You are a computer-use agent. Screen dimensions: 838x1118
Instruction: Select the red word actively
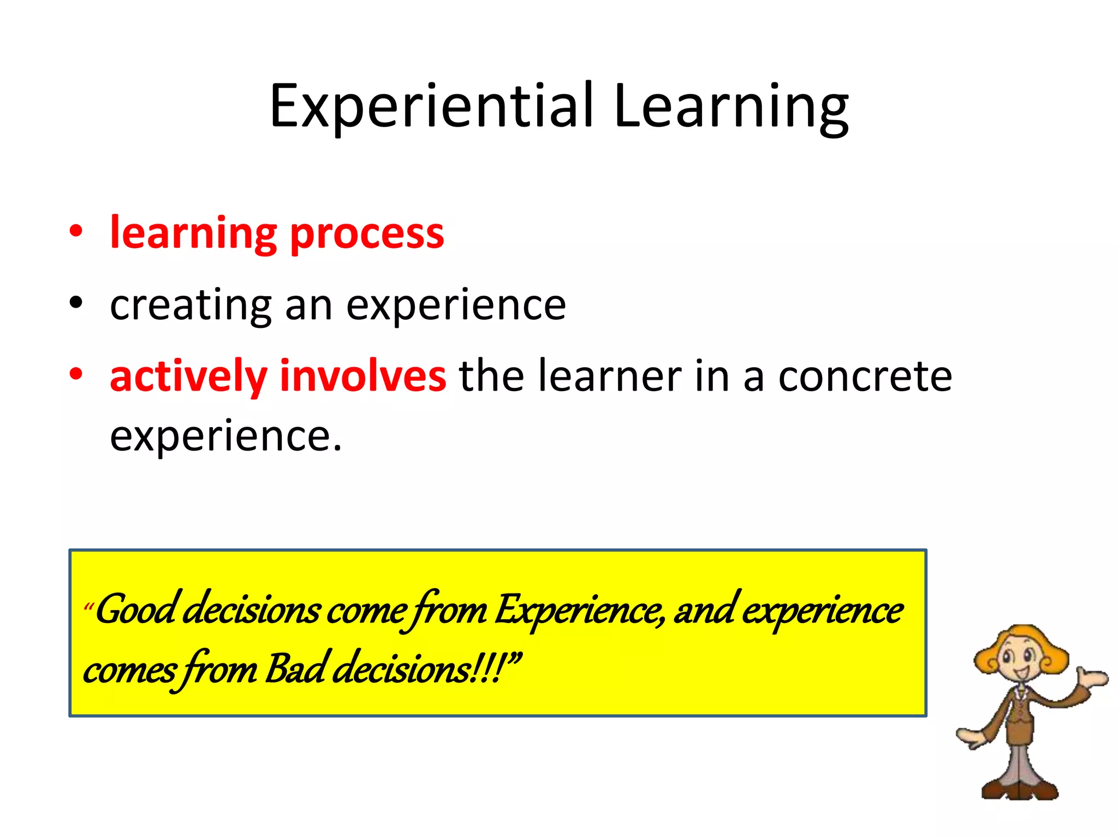coord(188,376)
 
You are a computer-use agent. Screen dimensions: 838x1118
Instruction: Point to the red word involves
coord(362,376)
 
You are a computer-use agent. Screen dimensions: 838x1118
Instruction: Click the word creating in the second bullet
coord(191,306)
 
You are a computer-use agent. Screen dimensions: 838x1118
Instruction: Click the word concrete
coord(865,376)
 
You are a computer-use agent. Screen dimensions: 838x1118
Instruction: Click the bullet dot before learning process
coord(76,231)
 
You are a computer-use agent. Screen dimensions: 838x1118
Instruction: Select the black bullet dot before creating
coord(76,302)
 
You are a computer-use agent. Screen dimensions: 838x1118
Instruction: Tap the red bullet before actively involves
coord(76,374)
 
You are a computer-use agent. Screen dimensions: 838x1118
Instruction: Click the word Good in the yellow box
coord(137,610)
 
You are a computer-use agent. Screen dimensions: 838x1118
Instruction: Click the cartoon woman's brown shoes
coord(1019,789)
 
